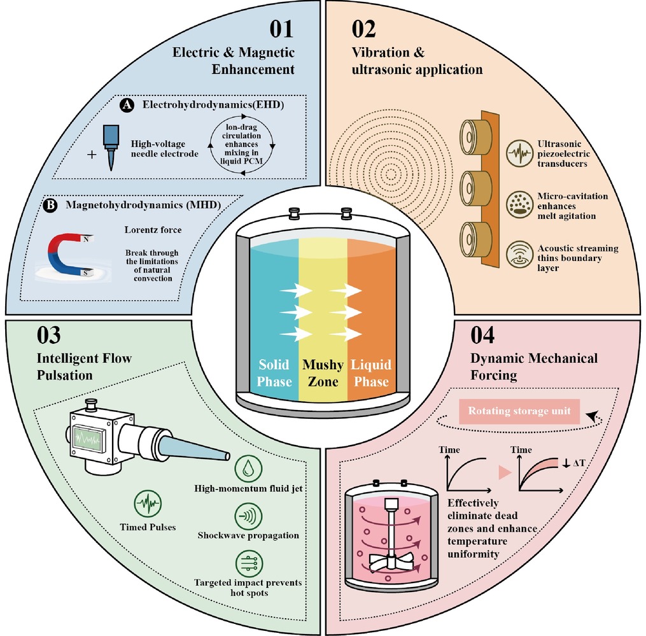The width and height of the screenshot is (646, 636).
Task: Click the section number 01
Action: tap(281, 29)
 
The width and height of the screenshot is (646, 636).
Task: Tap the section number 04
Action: tap(482, 335)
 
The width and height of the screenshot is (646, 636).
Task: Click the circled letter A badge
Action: tap(127, 105)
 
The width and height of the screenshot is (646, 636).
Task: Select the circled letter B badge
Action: tap(50, 205)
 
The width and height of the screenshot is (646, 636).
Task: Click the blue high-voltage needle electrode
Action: tap(111, 147)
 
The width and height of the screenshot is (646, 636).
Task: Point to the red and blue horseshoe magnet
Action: tap(70, 255)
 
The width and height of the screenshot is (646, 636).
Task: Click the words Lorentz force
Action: tap(153, 230)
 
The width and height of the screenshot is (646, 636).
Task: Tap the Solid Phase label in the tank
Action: tap(274, 373)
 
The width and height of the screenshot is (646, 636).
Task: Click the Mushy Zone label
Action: tap(323, 373)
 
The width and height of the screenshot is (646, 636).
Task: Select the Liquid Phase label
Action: tap(371, 373)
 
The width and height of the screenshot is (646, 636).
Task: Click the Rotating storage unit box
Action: tap(519, 411)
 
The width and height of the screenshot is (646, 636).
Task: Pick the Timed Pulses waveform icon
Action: tap(148, 504)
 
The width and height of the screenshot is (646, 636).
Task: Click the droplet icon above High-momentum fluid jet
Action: tap(248, 468)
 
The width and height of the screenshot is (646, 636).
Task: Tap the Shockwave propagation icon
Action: tap(248, 516)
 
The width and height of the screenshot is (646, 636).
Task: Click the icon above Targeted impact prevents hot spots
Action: tap(249, 563)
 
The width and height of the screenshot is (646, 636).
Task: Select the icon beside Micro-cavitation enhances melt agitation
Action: tap(519, 205)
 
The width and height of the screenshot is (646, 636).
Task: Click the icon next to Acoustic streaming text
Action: tap(519, 255)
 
